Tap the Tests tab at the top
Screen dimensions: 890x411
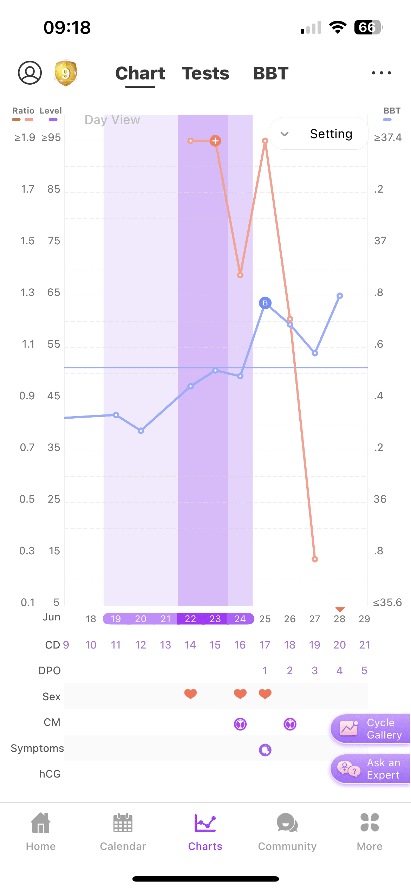(x=205, y=73)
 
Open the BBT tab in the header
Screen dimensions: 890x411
(x=270, y=73)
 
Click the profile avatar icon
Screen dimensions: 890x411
(x=30, y=73)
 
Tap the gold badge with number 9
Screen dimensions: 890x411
(x=65, y=73)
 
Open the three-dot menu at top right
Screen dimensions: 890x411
(x=381, y=73)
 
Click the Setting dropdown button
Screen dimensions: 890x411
(x=319, y=134)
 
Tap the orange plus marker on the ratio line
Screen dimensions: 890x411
(x=215, y=141)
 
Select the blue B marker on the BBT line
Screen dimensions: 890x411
(x=265, y=303)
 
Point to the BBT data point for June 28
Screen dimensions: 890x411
(x=340, y=296)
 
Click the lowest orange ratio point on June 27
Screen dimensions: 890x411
(x=315, y=559)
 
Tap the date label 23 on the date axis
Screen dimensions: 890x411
(x=215, y=619)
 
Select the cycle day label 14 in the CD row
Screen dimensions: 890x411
(x=190, y=645)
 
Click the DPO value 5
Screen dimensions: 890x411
(x=364, y=671)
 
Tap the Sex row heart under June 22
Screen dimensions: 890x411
(x=190, y=694)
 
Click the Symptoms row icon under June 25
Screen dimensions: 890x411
(x=265, y=750)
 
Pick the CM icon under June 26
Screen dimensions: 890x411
(x=290, y=724)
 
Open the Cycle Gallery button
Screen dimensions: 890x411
(x=371, y=729)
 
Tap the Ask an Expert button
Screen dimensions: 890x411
(x=371, y=769)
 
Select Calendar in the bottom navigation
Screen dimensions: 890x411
(x=123, y=831)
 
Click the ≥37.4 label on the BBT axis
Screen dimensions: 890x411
(x=387, y=137)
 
